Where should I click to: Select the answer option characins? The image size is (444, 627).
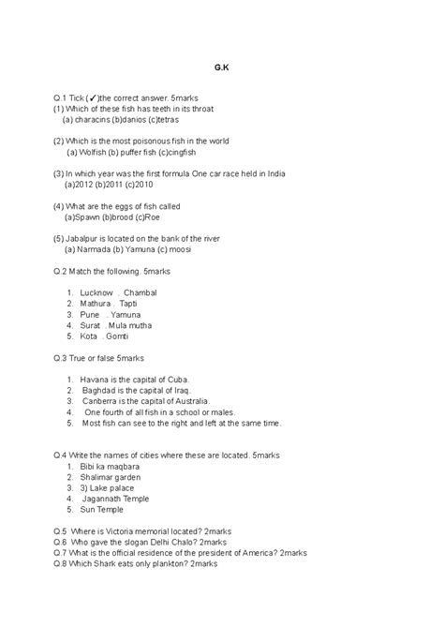coord(91,120)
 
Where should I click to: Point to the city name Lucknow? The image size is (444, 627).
coord(97,293)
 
